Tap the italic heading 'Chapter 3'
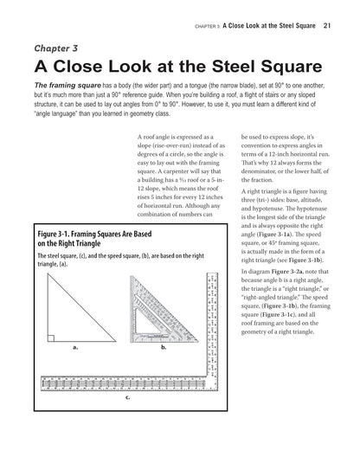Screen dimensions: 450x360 coord(58,48)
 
